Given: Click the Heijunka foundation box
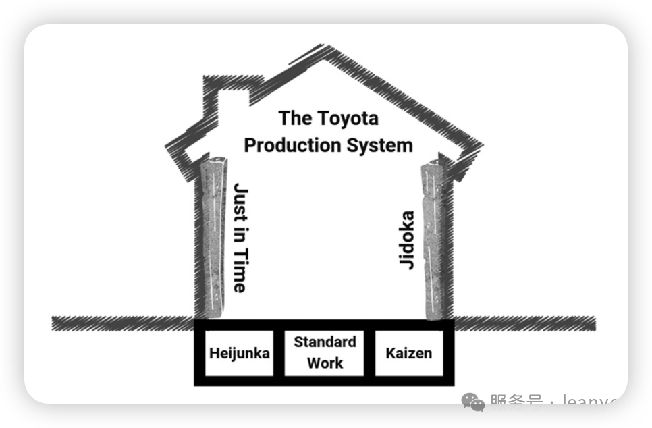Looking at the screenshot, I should click(x=239, y=353).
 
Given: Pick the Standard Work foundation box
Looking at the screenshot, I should click(x=325, y=352).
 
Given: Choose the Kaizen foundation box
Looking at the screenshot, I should click(x=409, y=353).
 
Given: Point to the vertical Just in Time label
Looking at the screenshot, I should click(x=240, y=237).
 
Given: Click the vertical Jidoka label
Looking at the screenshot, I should click(x=407, y=240).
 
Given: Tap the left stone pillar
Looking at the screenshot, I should click(x=215, y=236).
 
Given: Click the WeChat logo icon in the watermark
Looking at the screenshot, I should click(x=473, y=402).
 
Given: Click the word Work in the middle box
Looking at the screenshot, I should click(x=325, y=363).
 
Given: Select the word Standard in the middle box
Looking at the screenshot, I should click(x=325, y=342).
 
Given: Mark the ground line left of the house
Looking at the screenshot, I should click(x=121, y=323).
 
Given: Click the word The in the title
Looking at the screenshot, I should click(x=295, y=119).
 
